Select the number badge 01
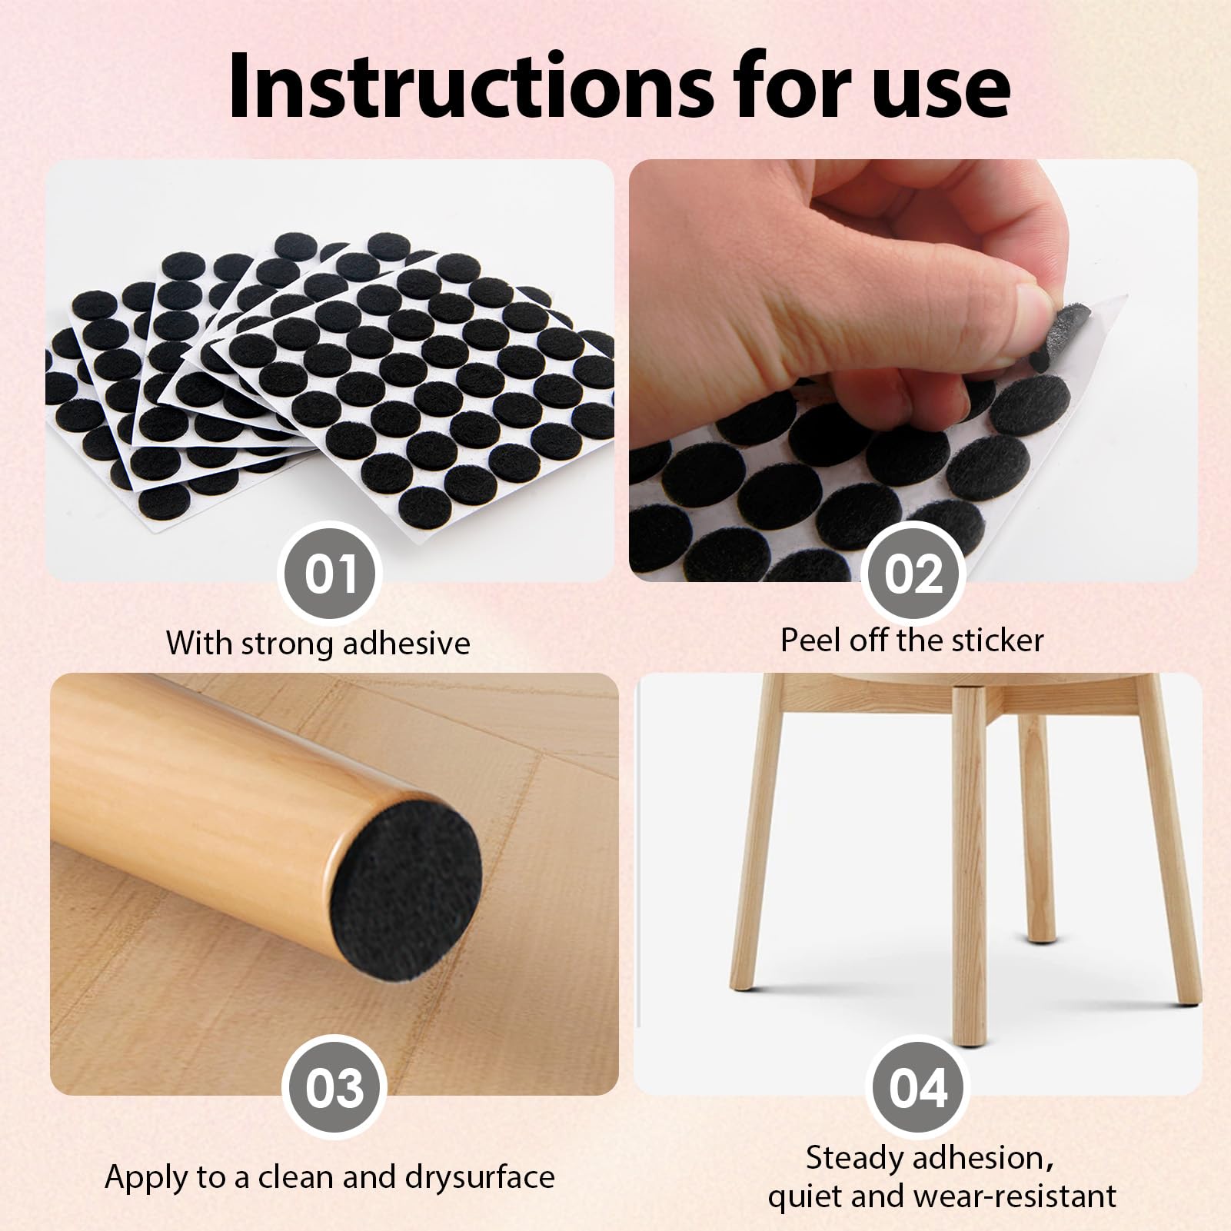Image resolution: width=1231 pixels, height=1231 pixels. [x=330, y=574]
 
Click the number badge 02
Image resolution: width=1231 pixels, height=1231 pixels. [x=914, y=574]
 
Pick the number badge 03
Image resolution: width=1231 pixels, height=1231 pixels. [x=334, y=1087]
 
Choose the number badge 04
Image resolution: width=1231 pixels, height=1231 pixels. [x=917, y=1087]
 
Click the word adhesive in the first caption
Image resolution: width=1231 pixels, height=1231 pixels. [x=406, y=643]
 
